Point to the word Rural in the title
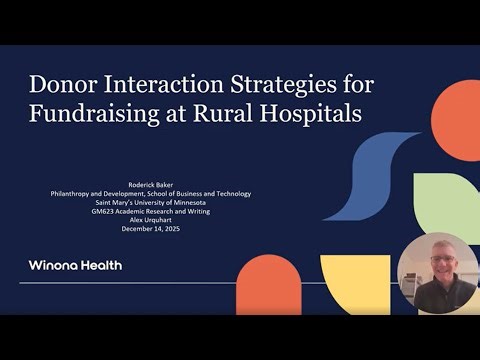221,112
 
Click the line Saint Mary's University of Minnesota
150,200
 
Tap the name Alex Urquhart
150,216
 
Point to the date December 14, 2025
150,225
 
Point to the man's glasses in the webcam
439,259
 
